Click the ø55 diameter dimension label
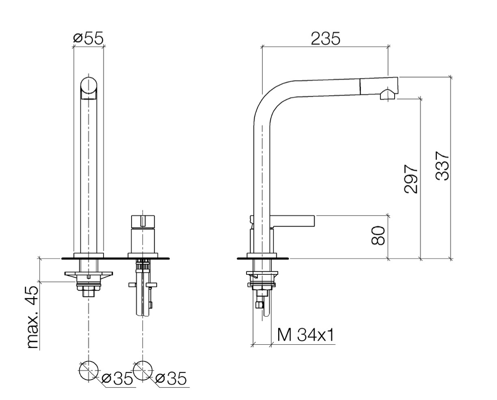[88, 39]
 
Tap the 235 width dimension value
[325, 39]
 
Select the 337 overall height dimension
[442, 165]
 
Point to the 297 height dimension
[411, 179]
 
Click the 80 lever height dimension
[378, 236]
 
